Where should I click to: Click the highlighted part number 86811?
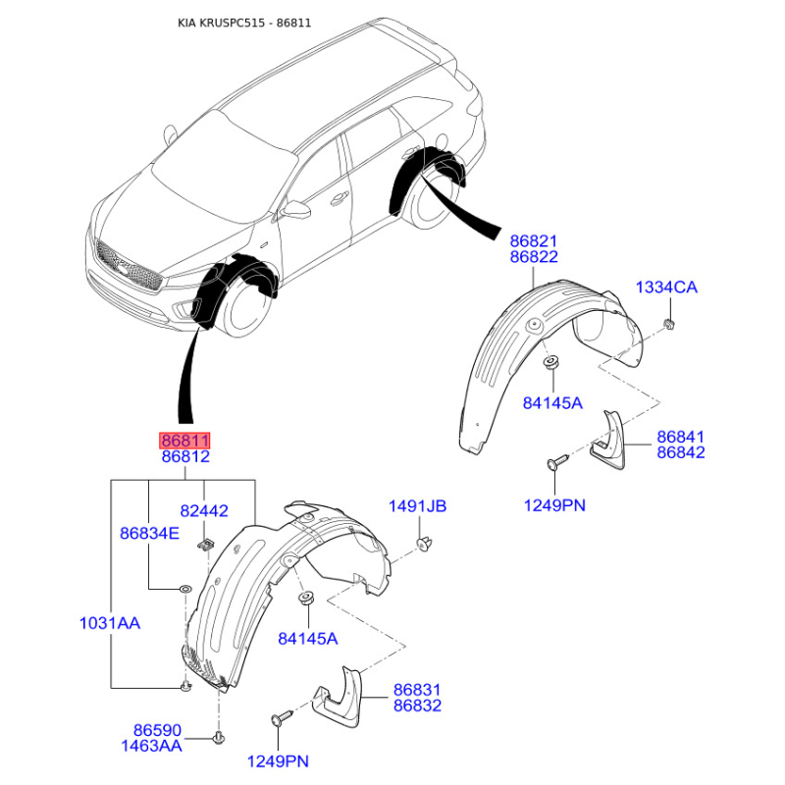(184, 441)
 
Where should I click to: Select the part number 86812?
(185, 456)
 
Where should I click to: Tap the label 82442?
(204, 510)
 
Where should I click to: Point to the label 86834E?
(149, 533)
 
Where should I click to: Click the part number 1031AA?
(110, 623)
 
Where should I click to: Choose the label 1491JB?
(418, 506)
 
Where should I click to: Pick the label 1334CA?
(666, 288)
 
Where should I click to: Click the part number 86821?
(533, 241)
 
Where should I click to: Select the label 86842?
(680, 452)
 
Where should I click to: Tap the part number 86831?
(417, 690)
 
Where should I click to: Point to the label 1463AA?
(151, 746)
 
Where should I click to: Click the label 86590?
(157, 730)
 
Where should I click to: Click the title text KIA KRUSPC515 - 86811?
(244, 23)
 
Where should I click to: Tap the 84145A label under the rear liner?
(552, 403)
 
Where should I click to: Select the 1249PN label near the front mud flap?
(278, 761)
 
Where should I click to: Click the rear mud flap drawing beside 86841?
(608, 440)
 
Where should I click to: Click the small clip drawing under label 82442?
(204, 545)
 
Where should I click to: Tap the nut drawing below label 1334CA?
(669, 324)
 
